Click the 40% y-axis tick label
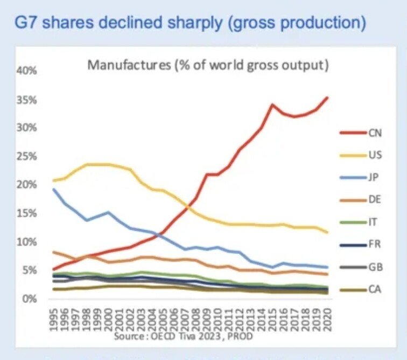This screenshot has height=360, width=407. click(x=27, y=71)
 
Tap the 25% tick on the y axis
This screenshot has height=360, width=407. click(x=27, y=156)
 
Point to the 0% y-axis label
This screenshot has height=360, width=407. click(x=29, y=299)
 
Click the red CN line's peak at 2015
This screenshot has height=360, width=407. click(x=273, y=105)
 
